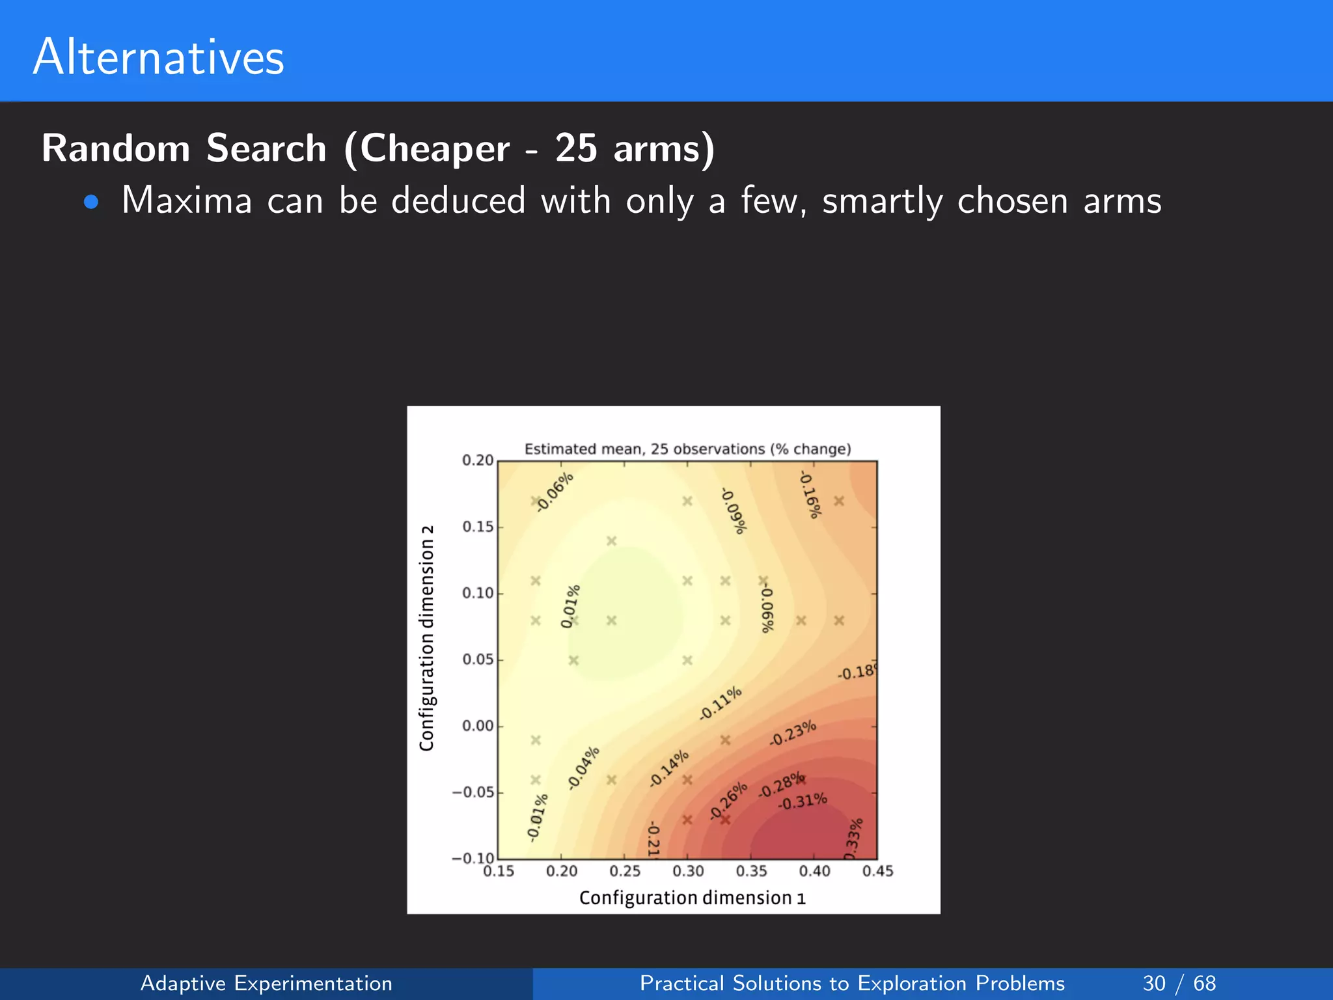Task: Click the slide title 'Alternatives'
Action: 158,57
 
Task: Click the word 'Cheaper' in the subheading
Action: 434,148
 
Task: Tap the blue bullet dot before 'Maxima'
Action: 91,202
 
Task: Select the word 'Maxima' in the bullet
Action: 187,201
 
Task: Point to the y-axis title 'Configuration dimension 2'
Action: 427,638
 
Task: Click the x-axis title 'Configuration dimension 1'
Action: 692,898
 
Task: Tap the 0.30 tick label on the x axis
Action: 688,871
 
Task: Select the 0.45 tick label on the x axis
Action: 877,871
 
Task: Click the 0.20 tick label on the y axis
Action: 478,460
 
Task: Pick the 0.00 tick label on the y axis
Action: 478,726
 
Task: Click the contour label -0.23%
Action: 793,733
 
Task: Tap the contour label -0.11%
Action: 721,703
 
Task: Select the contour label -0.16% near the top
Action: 810,495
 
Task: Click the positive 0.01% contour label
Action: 570,606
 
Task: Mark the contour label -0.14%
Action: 669,768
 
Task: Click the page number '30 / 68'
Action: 1179,983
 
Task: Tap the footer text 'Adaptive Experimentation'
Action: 266,983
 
